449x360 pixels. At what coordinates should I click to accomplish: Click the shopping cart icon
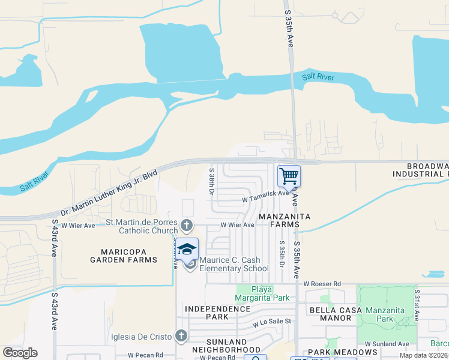pos(289,176)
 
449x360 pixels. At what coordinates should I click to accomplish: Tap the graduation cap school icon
pos(187,249)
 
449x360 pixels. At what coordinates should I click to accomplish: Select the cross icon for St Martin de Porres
pos(186,226)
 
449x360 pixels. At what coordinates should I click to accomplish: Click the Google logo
pos(20,352)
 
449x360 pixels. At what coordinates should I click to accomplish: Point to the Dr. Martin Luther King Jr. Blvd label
pos(109,193)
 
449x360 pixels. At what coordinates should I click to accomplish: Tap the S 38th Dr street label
pos(211,181)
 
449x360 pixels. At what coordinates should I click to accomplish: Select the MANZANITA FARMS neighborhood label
pos(278,220)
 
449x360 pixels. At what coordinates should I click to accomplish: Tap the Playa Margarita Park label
pos(262,293)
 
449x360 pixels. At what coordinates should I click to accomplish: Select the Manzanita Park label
pos(393,315)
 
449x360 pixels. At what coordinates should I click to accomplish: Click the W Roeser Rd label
pos(322,283)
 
